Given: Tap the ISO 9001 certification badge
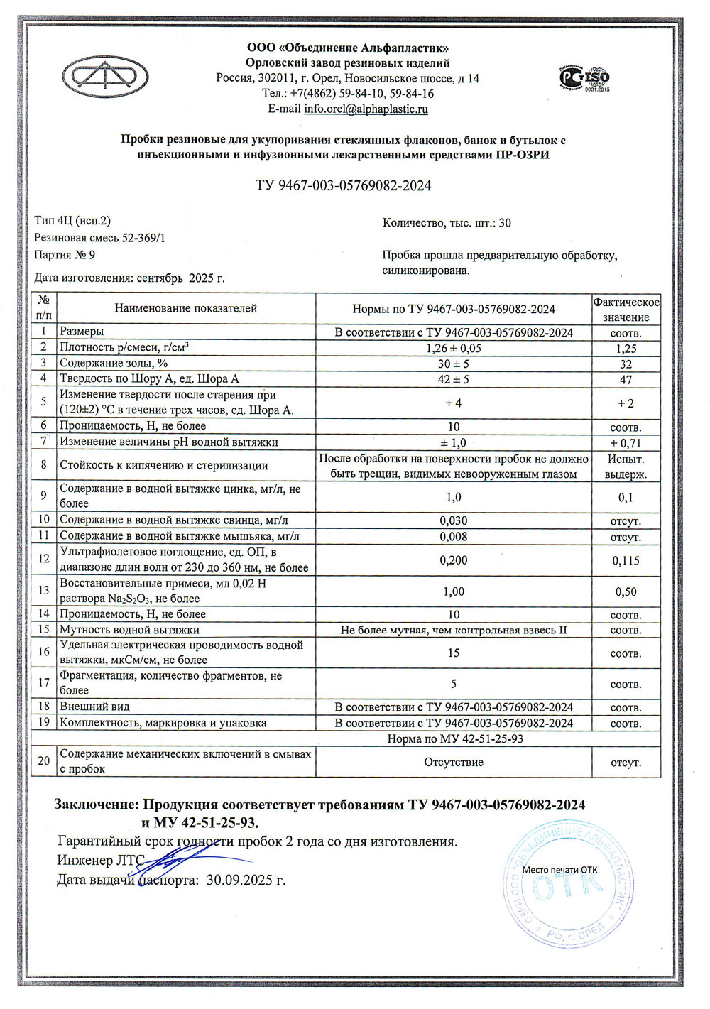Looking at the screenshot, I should [x=586, y=78].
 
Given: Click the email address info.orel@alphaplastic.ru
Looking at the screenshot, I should [x=366, y=109].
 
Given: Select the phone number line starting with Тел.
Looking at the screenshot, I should [x=348, y=94].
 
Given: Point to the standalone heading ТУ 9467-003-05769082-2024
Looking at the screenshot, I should [x=343, y=186].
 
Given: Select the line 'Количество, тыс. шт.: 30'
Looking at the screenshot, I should [x=447, y=223].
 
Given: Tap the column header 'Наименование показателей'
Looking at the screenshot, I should [x=185, y=309].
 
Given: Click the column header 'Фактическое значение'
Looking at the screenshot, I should [x=626, y=310].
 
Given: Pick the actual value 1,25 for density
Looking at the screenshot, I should [x=626, y=349].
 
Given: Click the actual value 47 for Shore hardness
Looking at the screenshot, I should [x=626, y=380].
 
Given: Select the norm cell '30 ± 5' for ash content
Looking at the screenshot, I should [x=453, y=364].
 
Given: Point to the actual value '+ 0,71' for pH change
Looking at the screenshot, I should [x=626, y=443].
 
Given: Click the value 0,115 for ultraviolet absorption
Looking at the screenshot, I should [x=626, y=561].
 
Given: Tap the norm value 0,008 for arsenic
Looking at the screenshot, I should [x=453, y=537].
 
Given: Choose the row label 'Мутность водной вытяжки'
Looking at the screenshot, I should [x=129, y=630].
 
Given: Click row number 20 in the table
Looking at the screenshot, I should [x=44, y=761].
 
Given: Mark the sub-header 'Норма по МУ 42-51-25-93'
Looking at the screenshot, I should [x=454, y=738].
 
